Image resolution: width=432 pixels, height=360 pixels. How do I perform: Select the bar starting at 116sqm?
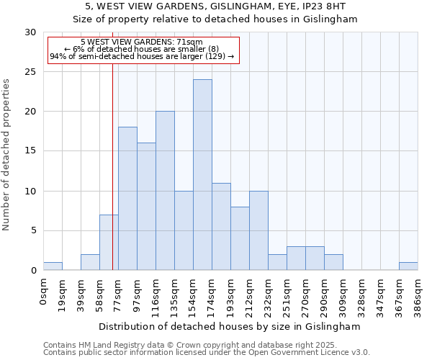point(165,191)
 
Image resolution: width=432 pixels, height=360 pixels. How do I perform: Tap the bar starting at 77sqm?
point(127,199)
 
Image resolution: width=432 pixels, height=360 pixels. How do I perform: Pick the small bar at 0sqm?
point(53,266)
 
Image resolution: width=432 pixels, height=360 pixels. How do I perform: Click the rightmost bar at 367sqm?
point(408,266)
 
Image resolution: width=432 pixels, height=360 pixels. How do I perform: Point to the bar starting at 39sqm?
point(90,262)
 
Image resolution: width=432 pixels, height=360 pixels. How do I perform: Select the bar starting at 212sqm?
point(258,230)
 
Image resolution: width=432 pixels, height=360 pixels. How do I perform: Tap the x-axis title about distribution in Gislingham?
point(230,326)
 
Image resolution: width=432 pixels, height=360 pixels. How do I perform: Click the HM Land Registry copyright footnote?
point(180,345)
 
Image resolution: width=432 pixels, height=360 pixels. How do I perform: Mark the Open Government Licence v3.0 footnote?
point(207,353)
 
